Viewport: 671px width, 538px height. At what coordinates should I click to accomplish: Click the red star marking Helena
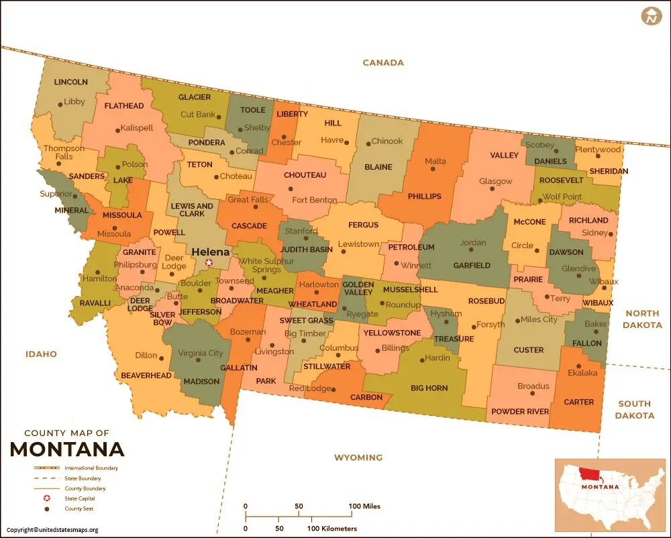(209, 263)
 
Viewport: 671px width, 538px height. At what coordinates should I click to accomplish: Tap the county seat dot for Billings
(376, 349)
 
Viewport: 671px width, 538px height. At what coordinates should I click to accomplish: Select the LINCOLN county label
(70, 82)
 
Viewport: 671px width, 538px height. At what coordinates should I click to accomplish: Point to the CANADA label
(383, 62)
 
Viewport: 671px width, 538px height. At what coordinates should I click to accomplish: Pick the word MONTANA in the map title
(67, 448)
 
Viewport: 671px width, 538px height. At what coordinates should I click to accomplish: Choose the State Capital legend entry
(80, 498)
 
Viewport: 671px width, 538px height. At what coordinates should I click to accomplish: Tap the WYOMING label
(358, 458)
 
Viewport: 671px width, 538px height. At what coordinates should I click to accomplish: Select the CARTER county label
(578, 402)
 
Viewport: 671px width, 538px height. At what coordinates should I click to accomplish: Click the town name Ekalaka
(582, 372)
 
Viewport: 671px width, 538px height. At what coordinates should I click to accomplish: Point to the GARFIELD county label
(471, 265)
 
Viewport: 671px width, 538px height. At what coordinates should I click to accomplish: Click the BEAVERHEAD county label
(146, 376)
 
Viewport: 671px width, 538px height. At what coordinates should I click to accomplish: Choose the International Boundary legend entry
(91, 468)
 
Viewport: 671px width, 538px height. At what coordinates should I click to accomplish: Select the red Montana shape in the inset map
(590, 474)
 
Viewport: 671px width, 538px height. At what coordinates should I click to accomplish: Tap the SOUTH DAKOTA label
(634, 409)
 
